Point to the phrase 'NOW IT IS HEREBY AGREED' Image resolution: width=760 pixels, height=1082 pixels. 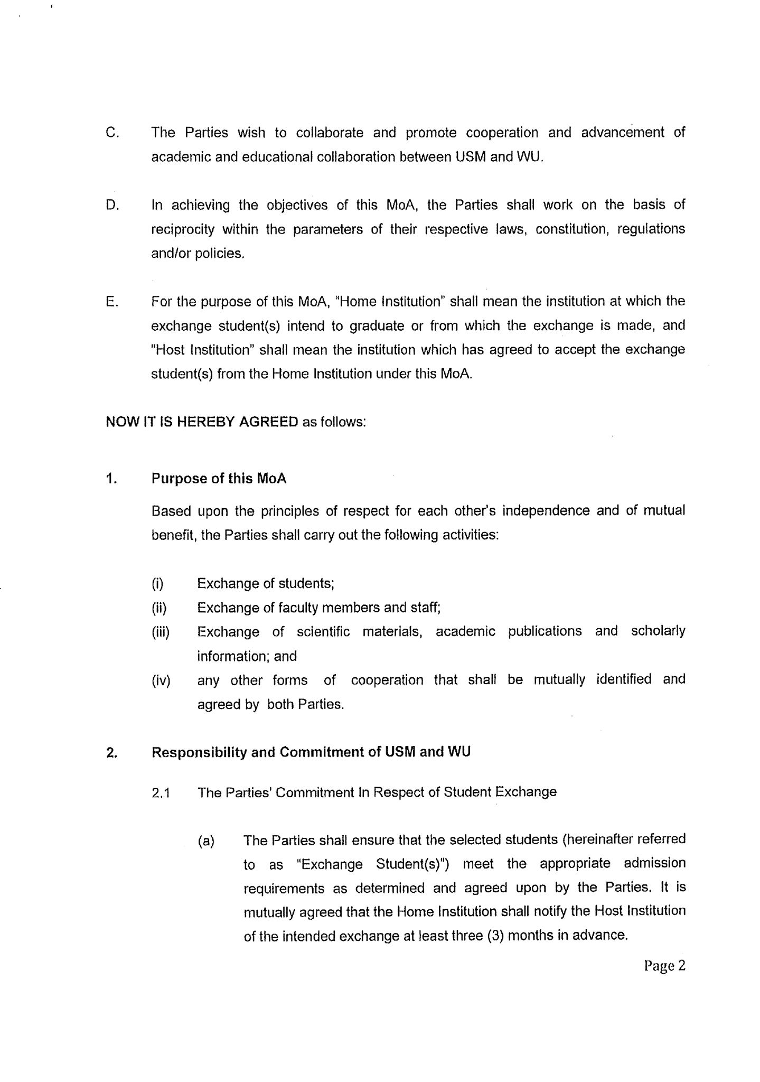pos(202,422)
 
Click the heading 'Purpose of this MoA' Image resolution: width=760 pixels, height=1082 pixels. pos(219,479)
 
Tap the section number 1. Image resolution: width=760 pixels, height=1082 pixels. pos(110,479)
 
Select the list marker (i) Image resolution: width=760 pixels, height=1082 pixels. pos(157,584)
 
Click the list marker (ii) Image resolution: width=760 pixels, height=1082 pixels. pos(159,608)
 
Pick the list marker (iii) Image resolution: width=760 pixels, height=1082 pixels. pos(161,632)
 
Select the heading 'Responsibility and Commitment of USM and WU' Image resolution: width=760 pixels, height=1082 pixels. pos(311,752)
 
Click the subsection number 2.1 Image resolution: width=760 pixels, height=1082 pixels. pos(161,793)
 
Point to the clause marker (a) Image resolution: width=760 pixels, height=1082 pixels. pos(206,841)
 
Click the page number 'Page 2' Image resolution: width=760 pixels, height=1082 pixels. pos(664,966)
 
